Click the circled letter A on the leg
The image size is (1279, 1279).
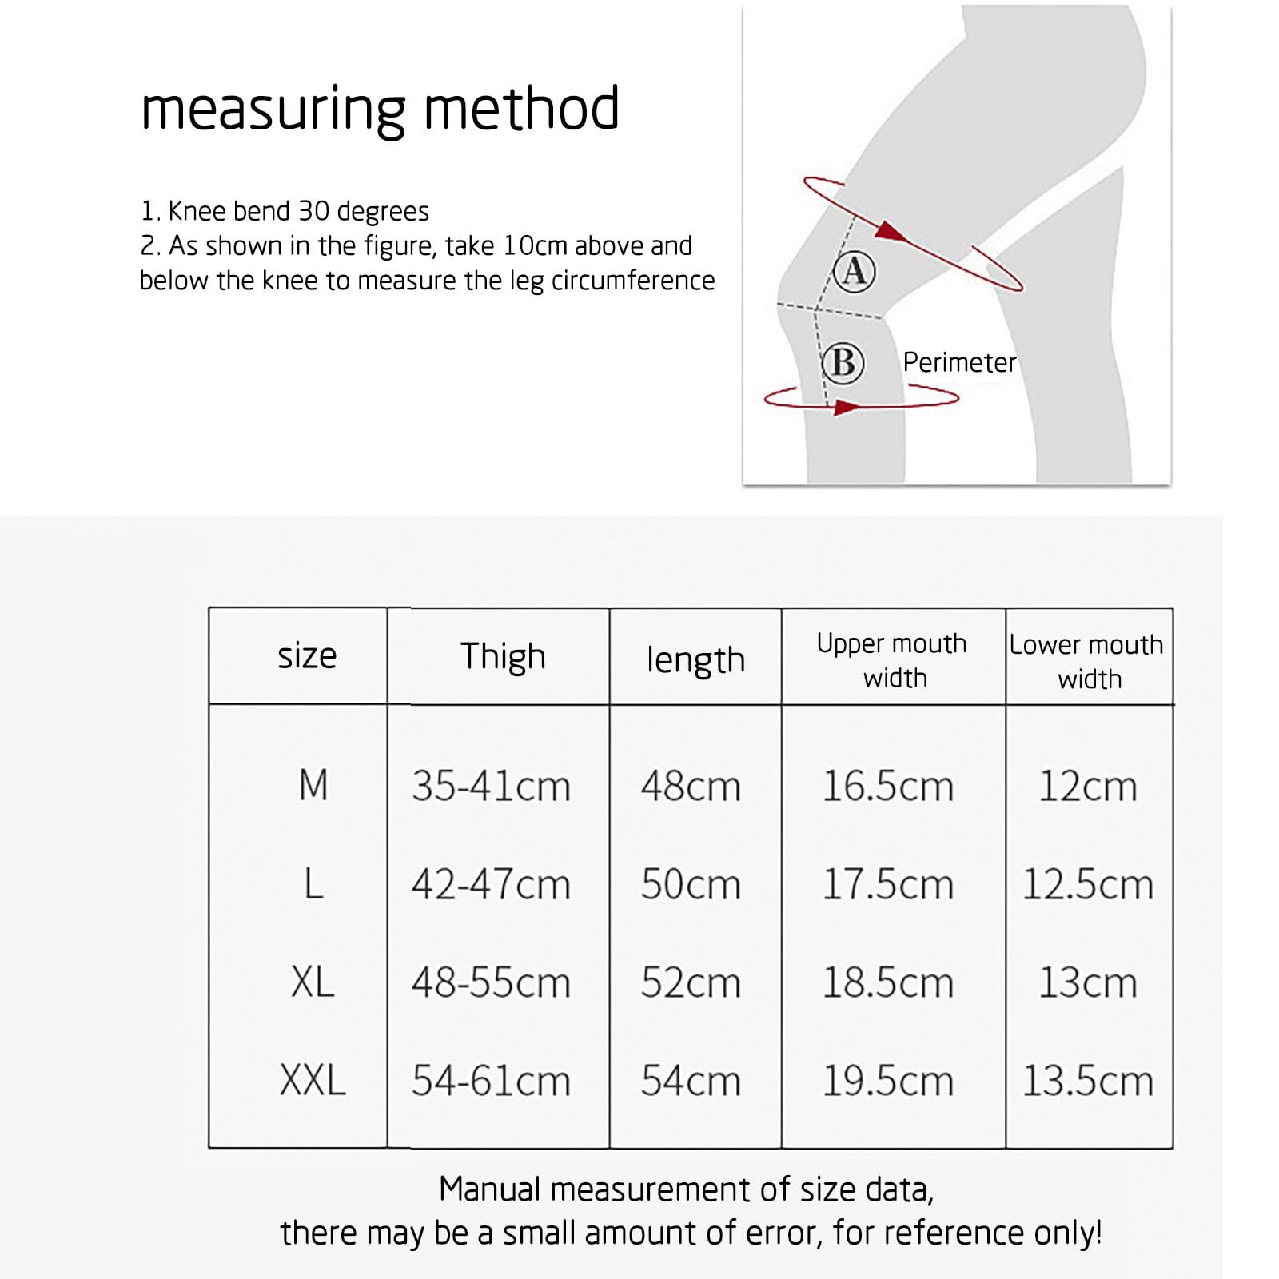click(854, 271)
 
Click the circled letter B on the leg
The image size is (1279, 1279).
click(843, 363)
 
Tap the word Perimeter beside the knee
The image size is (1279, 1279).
click(959, 363)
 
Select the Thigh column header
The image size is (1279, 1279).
click(503, 657)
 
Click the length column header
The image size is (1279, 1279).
click(695, 660)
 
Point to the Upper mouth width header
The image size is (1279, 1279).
click(892, 660)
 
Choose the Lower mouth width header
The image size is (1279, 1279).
click(1087, 662)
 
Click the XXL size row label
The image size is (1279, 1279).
click(313, 1081)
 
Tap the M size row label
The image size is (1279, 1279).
click(313, 785)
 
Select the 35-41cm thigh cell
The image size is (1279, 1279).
click(491, 787)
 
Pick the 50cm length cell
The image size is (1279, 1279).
click(691, 885)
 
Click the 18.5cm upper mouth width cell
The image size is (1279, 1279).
click(888, 983)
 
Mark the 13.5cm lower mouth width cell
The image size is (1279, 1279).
click(1088, 1082)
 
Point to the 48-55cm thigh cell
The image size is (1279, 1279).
click(491, 983)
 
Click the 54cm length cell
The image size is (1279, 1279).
click(691, 1082)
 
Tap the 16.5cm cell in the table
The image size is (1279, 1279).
click(888, 787)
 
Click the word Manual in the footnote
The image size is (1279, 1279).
click(492, 1189)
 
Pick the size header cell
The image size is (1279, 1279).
click(307, 657)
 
